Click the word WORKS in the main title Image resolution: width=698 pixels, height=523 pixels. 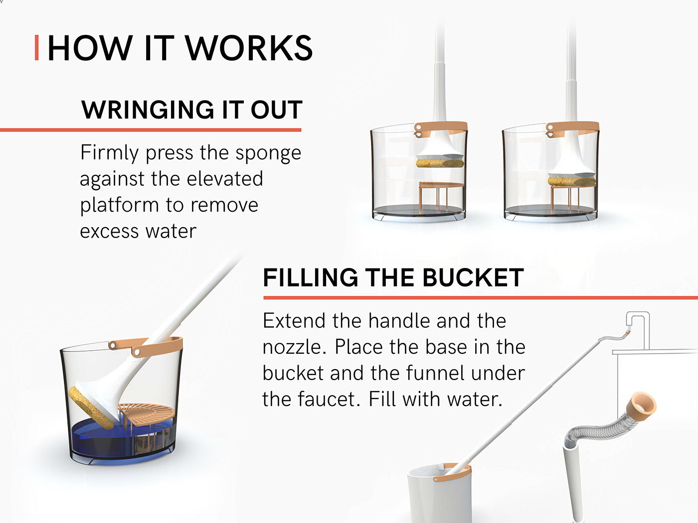[249, 48]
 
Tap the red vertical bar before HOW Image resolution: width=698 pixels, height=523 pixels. [36, 48]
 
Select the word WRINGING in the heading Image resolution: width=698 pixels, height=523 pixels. [148, 110]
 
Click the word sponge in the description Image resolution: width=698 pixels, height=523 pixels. [268, 154]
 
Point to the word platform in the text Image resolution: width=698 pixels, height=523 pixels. [119, 206]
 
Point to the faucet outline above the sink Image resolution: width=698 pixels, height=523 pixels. [638, 330]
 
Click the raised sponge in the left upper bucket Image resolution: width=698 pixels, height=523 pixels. [440, 163]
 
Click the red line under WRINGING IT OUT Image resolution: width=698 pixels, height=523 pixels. [151, 130]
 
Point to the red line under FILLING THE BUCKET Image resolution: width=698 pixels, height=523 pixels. [481, 298]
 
